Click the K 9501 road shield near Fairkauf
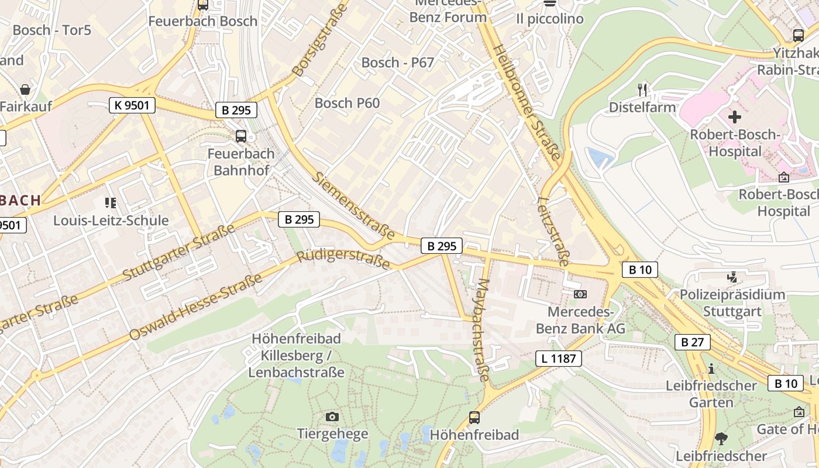click(x=132, y=105)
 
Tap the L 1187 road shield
click(x=559, y=358)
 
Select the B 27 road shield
click(x=692, y=342)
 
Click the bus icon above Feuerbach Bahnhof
click(x=240, y=136)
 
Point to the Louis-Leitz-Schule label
click(x=111, y=221)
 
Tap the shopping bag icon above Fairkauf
click(x=25, y=90)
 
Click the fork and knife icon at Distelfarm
click(x=642, y=90)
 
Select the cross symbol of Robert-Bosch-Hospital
click(x=734, y=117)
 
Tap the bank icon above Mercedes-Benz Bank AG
click(x=580, y=294)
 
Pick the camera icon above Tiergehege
click(x=332, y=417)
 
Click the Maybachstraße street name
click(x=483, y=330)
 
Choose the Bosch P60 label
click(x=347, y=104)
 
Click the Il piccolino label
click(x=549, y=19)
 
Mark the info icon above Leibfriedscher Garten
click(x=711, y=369)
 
